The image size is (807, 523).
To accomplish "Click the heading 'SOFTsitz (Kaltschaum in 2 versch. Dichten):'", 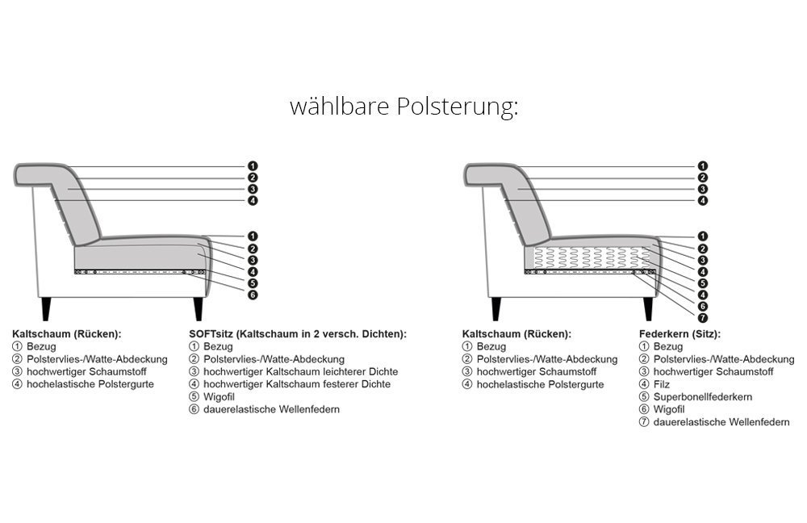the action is (298, 334).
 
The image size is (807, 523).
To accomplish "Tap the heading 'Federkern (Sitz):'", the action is (679, 334).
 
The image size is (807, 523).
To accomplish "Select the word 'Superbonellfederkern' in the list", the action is (703, 397).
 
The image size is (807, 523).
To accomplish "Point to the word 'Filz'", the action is (662, 384).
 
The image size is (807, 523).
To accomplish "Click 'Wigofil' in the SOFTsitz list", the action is (219, 397).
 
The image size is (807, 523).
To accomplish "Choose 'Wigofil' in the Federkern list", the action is (669, 409).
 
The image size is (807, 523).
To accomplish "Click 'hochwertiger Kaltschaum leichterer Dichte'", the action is (300, 371).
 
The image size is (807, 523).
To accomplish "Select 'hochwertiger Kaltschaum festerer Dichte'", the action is (297, 384).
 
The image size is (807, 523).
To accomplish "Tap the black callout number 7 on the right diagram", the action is (703, 318).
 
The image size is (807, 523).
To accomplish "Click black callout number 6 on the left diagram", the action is (252, 295).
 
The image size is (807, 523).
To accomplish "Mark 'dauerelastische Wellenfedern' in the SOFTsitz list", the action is (271, 409).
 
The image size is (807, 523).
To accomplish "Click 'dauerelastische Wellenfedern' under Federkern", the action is (721, 422).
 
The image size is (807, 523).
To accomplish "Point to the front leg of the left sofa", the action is (199, 308).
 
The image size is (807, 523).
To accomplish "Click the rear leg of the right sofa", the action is (495, 308).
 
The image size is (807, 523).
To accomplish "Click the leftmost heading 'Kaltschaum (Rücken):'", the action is (67, 334).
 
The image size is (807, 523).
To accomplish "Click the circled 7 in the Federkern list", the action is (644, 422).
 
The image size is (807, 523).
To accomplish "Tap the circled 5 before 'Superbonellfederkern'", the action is (644, 397).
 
